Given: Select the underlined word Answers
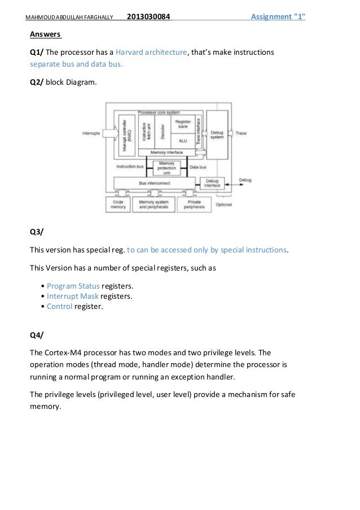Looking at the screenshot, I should point(46,34).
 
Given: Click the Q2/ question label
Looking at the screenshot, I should point(37,82).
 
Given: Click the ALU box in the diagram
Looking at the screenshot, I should point(182,140).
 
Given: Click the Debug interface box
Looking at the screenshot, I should point(212,183).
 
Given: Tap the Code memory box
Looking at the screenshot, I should point(118,204).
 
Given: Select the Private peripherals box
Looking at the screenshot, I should point(191,204).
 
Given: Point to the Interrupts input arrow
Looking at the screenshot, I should point(99,134).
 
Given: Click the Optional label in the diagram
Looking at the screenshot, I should point(223,204).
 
